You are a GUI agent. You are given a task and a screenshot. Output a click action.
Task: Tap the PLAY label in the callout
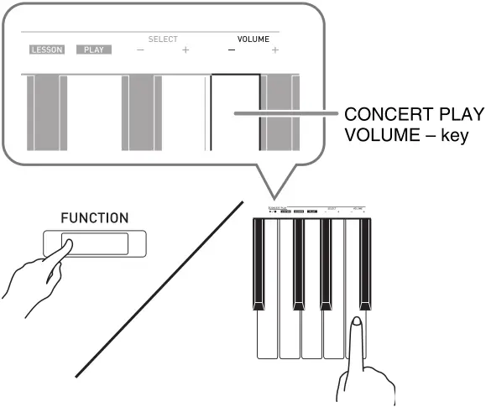(x=91, y=50)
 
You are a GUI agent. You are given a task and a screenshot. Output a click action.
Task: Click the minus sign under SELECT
(x=140, y=51)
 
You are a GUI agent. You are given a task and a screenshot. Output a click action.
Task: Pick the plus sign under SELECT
(x=185, y=51)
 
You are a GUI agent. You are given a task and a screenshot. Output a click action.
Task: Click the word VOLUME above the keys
(x=253, y=39)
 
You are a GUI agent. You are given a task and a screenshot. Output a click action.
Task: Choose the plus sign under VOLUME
(x=274, y=51)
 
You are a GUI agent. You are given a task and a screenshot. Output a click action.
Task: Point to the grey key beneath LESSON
(x=44, y=113)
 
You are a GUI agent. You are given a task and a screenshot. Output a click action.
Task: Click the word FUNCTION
(x=94, y=218)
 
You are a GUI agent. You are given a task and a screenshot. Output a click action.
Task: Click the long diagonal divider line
(x=159, y=290)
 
